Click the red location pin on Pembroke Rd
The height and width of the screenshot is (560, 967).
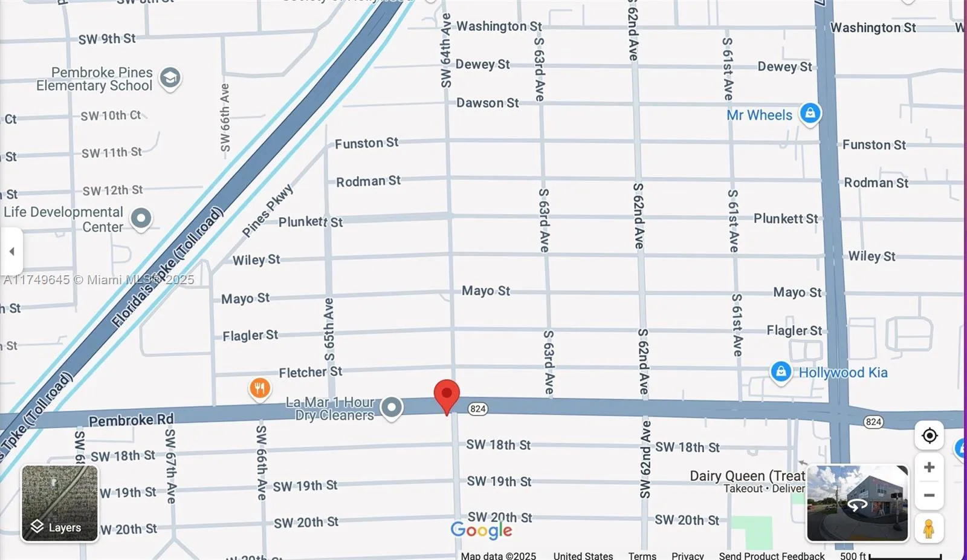447,394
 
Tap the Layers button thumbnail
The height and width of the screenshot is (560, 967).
60,503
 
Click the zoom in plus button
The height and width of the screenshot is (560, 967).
929,467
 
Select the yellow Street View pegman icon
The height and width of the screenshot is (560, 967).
929,528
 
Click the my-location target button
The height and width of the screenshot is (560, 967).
929,435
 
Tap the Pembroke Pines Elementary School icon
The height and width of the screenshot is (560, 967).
170,78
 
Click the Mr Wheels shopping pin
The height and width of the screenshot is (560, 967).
810,113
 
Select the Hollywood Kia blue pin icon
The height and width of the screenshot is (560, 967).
780,371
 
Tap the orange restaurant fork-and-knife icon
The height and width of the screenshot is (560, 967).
260,388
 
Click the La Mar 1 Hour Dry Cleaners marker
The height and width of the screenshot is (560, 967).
392,408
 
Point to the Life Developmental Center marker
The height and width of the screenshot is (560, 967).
141,218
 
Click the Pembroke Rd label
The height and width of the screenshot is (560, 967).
131,420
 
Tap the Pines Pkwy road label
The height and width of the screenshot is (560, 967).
267,211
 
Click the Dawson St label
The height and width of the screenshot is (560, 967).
487,103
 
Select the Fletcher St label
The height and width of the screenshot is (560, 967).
310,372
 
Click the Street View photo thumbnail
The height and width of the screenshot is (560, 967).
857,503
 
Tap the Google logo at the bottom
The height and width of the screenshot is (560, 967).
481,530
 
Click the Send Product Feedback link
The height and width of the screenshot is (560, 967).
771,555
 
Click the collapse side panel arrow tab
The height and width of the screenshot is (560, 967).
11,251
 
